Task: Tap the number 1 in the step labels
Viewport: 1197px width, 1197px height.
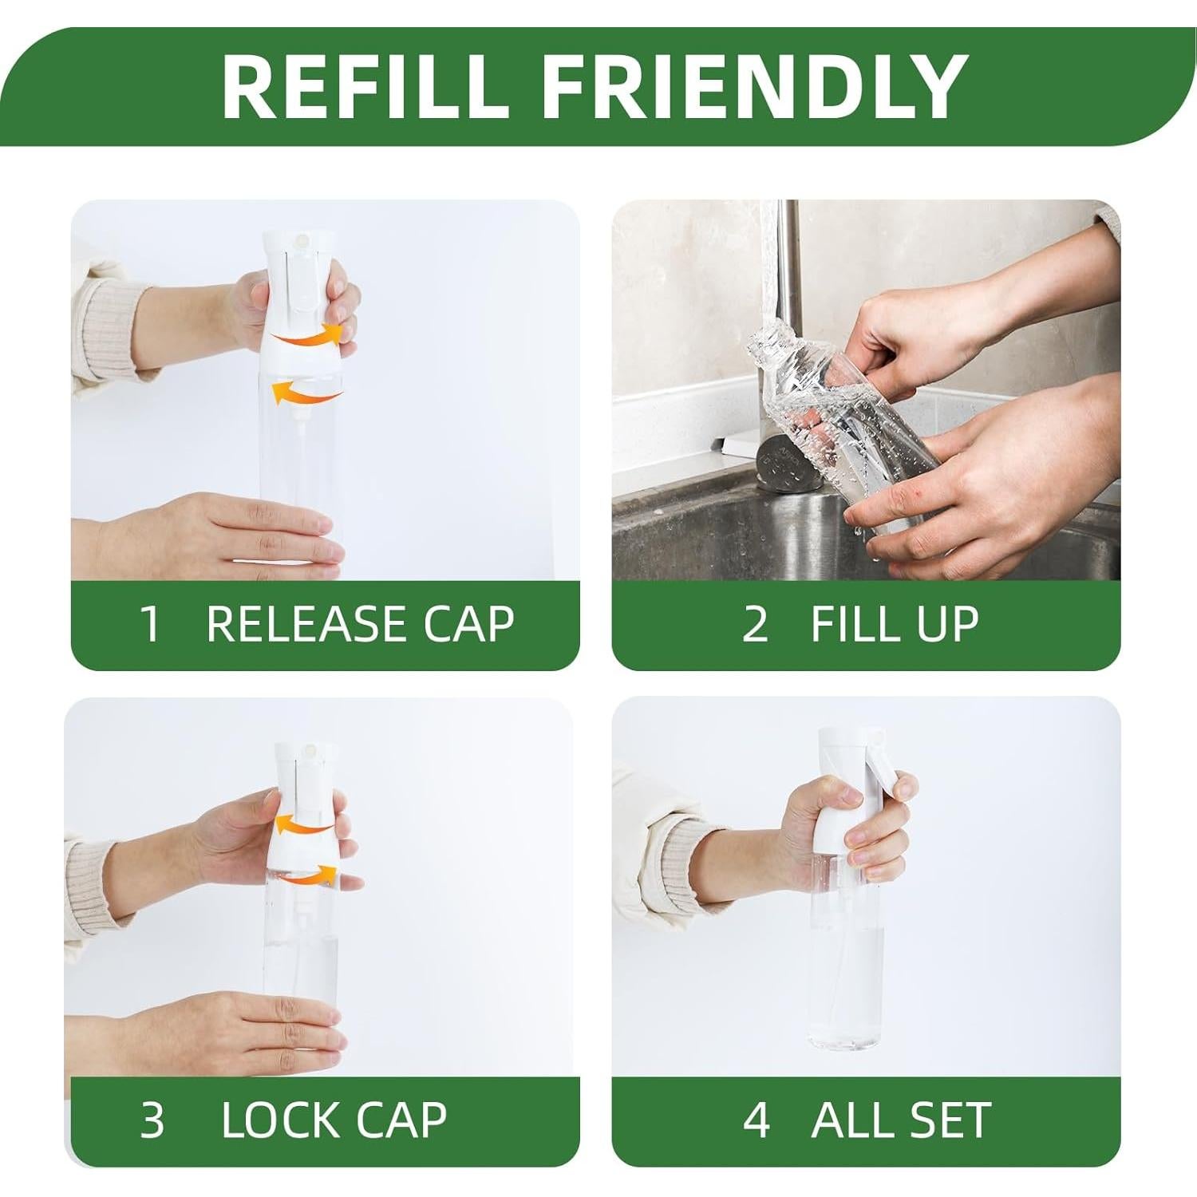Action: click(150, 624)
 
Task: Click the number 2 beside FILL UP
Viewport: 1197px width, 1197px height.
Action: click(755, 624)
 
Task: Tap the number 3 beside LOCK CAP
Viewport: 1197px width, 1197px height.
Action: click(152, 1120)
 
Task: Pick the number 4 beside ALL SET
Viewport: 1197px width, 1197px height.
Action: click(757, 1120)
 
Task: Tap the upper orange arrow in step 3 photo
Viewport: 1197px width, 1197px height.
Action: click(306, 824)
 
